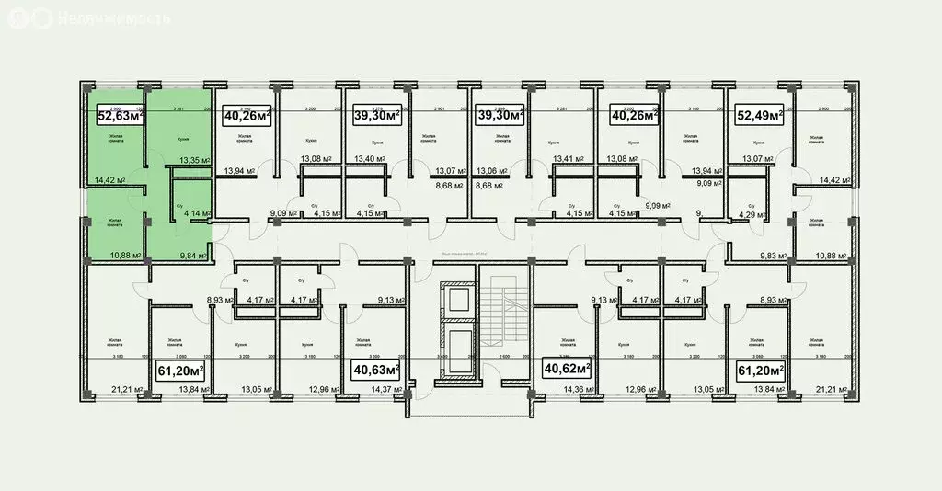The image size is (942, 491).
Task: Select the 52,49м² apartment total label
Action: pyautogui.click(x=758, y=115)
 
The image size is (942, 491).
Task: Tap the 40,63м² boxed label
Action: pyautogui.click(x=375, y=370)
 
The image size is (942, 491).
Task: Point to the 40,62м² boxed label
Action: pyautogui.click(x=566, y=370)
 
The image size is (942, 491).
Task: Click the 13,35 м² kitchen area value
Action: pyautogui.click(x=195, y=160)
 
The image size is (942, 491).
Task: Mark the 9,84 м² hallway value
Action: pyautogui.click(x=195, y=257)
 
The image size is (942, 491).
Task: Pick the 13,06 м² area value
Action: pyautogui.click(x=488, y=171)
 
